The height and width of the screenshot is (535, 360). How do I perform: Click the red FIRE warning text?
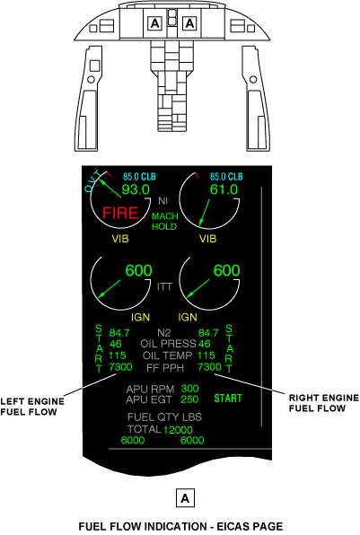(120, 213)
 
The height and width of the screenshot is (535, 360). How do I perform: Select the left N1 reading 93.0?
(136, 189)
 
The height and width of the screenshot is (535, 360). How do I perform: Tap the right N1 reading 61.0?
(224, 189)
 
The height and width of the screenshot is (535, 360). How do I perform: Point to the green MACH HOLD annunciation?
(165, 222)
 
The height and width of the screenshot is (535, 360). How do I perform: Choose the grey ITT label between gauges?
(164, 287)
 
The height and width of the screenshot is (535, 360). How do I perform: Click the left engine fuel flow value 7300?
(120, 367)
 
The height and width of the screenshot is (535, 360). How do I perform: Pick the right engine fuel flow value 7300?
(209, 367)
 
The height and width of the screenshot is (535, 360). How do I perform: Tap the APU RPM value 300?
(189, 389)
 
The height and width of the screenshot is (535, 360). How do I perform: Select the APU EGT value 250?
(189, 399)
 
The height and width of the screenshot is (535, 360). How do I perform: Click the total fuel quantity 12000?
(178, 430)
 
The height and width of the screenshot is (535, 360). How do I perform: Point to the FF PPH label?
(165, 368)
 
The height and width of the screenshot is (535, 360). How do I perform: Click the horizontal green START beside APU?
(228, 399)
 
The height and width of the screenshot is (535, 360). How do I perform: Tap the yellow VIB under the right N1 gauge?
(207, 239)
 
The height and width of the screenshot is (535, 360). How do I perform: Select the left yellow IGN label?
(140, 317)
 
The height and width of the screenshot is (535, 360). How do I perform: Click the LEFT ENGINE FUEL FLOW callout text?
(32, 407)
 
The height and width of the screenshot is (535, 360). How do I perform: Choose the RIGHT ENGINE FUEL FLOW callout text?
(324, 403)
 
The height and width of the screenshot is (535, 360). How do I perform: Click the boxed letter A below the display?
(185, 498)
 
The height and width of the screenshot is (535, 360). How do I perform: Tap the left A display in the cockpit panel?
(154, 24)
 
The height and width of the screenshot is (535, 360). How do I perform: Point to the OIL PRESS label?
(168, 344)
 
